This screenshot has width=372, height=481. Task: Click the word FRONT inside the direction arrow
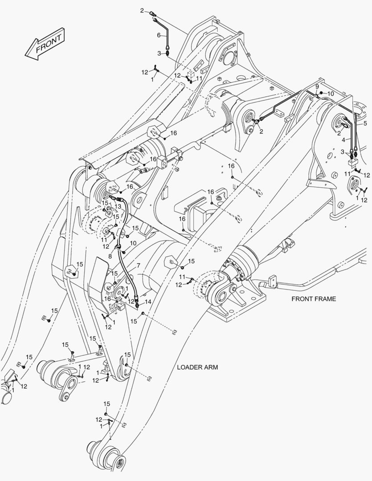49,44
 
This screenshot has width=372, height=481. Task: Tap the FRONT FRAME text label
314,299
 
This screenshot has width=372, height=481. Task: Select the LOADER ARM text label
197,367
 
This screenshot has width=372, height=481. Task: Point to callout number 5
365,123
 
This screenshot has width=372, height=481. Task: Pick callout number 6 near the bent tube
158,35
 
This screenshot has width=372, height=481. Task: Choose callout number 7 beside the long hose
138,265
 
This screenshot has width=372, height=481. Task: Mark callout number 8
110,257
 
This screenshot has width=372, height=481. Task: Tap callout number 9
317,86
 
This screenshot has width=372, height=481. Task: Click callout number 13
118,206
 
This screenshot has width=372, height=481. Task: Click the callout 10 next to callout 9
331,94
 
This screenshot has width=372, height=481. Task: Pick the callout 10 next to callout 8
133,243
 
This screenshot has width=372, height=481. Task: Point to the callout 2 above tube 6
142,10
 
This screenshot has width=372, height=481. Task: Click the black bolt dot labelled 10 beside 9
321,93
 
